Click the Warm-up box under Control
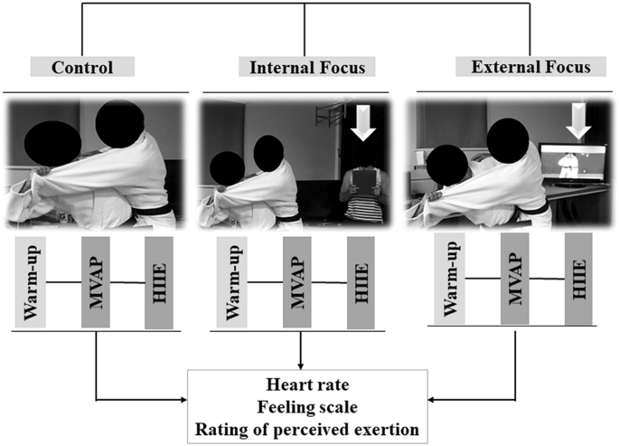[30, 281]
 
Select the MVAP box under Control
[95, 281]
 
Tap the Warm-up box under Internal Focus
[231, 281]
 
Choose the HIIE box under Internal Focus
[362, 281]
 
